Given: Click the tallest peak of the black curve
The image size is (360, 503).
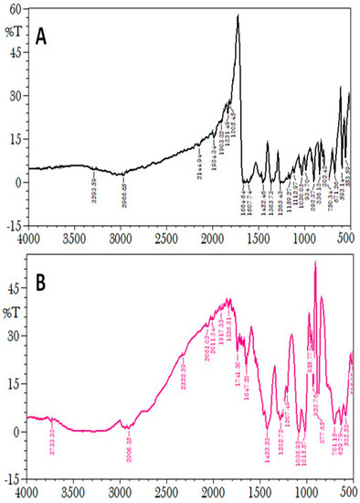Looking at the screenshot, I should pos(238,16).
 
